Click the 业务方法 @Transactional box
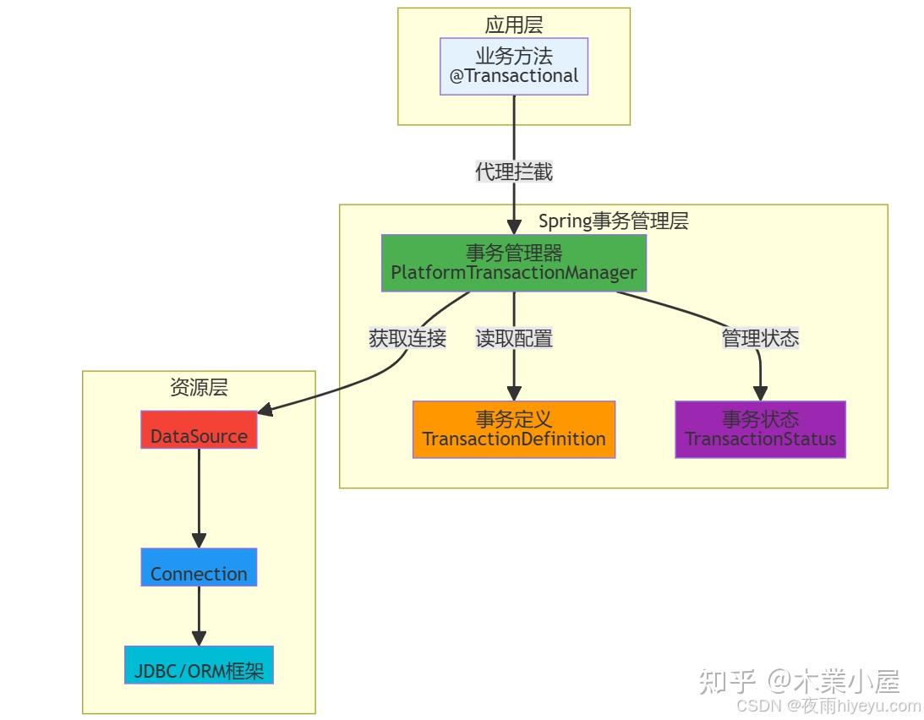point(514,66)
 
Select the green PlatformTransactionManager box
point(514,263)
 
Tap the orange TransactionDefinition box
point(514,429)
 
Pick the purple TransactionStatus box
point(760,429)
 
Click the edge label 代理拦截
point(514,172)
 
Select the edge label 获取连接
point(407,339)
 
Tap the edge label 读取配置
point(514,339)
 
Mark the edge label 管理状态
point(760,339)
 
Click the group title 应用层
point(514,25)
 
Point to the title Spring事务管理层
point(613,221)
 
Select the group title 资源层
point(199,388)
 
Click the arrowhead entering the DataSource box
point(265,411)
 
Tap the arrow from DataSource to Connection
point(199,499)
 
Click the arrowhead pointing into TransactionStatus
point(760,393)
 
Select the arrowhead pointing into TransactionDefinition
point(514,393)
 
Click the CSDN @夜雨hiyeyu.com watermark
point(828,706)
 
